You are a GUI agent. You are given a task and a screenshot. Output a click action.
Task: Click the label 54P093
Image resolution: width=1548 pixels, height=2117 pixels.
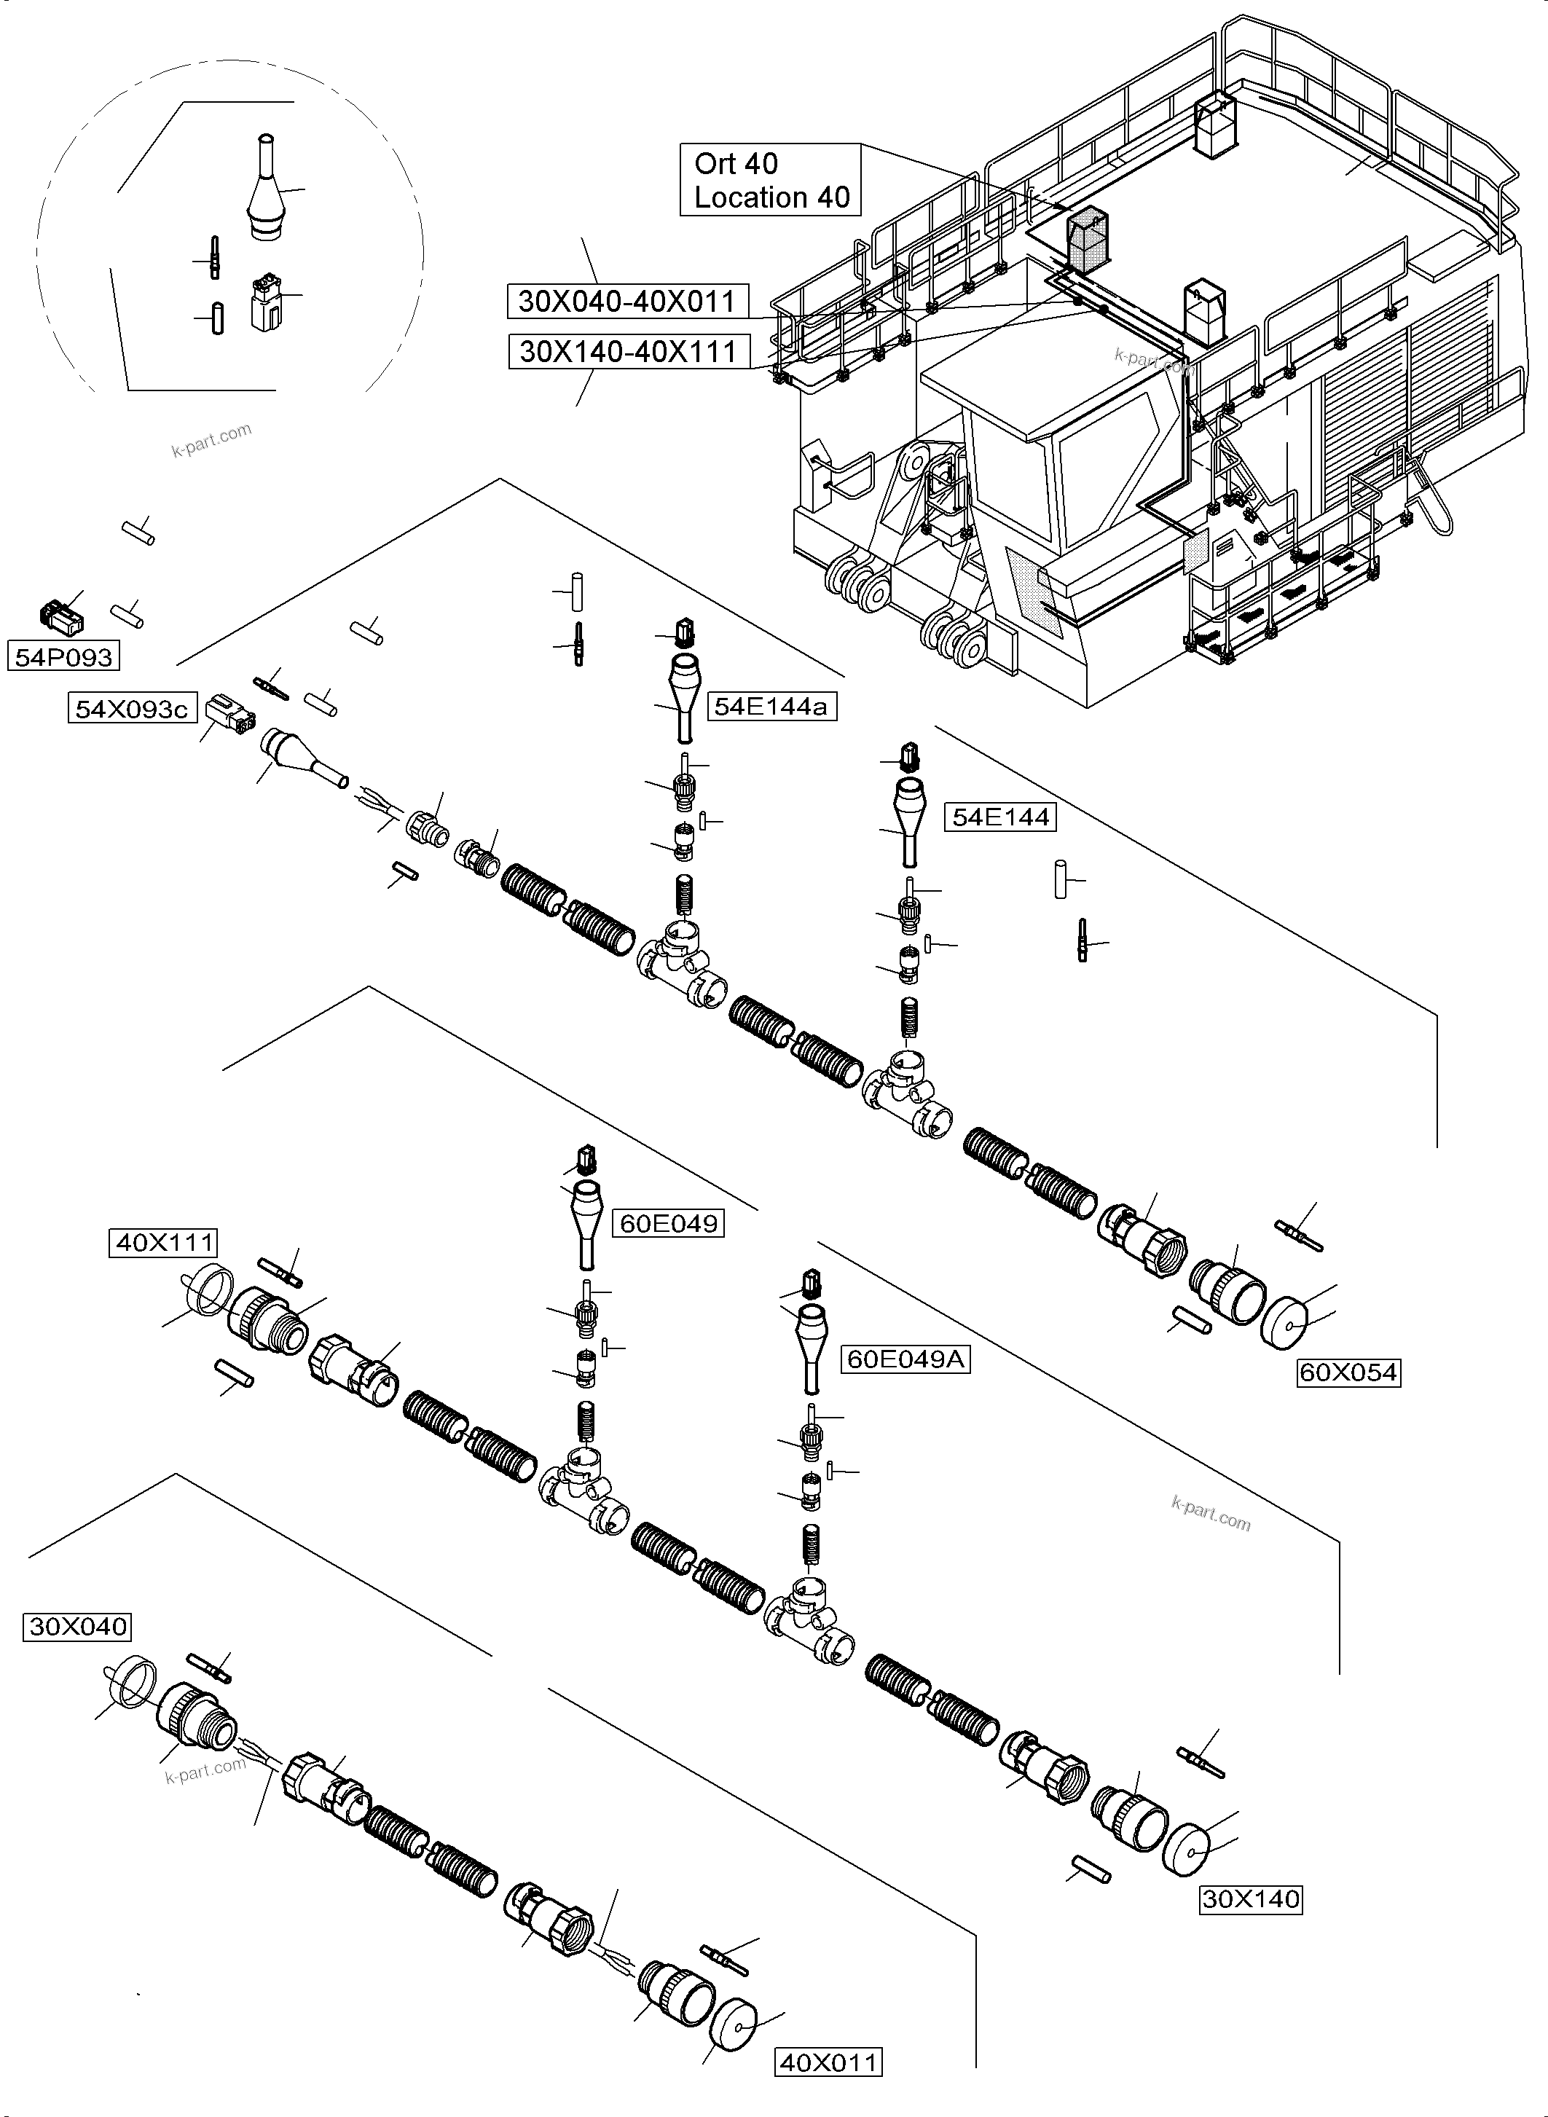click(63, 657)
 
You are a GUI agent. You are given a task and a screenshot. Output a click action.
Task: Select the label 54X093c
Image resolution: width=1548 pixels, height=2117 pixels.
click(131, 710)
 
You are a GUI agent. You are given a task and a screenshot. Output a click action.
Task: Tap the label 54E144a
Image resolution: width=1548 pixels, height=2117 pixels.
click(770, 707)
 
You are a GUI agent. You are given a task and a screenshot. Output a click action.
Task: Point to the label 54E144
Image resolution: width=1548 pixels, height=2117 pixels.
click(1000, 817)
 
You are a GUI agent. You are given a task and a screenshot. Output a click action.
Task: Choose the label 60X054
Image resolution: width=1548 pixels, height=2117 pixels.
click(1348, 1373)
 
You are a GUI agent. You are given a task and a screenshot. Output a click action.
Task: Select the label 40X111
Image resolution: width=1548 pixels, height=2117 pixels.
click(164, 1244)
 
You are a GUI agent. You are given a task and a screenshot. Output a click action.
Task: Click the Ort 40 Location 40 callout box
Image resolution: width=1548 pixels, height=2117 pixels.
click(770, 180)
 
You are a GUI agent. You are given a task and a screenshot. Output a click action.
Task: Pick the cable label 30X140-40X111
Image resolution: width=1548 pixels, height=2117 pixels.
click(628, 351)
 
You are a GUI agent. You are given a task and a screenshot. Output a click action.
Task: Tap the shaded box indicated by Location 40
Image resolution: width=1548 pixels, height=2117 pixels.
click(1087, 239)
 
